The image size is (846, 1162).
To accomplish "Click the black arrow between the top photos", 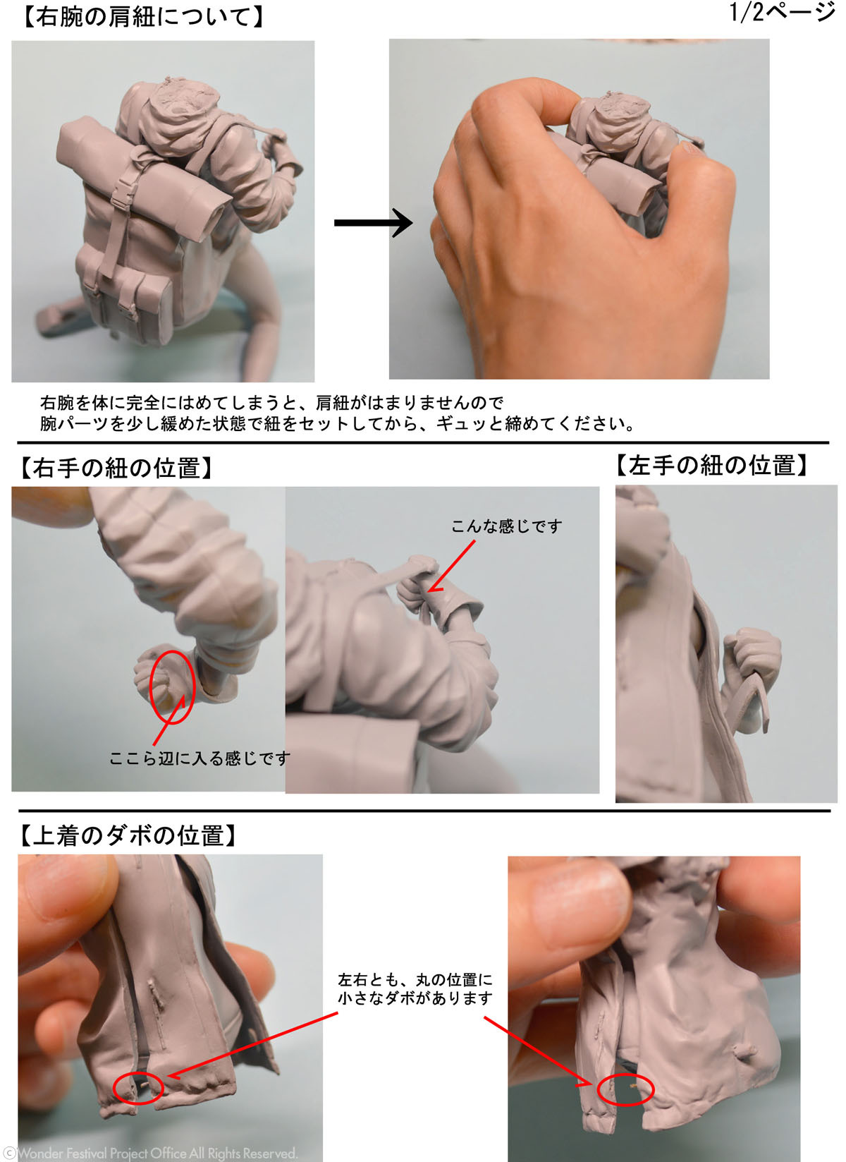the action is (373, 222).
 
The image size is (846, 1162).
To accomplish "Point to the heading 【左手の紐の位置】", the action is (711, 465).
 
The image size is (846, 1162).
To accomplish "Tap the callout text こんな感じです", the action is (506, 526).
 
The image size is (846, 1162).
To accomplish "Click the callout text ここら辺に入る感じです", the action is (200, 758).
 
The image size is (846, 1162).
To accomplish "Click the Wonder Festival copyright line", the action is (150, 1154).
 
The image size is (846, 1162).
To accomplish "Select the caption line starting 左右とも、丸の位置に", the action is (415, 979).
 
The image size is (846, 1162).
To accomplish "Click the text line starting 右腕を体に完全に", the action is (271, 402).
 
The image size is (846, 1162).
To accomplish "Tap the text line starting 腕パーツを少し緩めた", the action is (337, 424).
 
